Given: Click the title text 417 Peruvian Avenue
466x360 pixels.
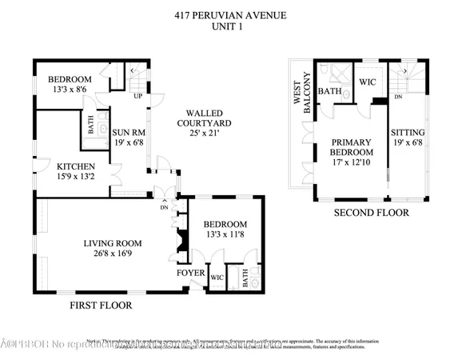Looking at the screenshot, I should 232,14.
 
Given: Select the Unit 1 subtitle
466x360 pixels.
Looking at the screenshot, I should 232,26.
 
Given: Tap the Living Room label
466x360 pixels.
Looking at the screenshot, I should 113,244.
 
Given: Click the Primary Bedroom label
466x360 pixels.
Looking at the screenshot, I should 352,147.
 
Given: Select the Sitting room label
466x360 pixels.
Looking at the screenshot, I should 408,133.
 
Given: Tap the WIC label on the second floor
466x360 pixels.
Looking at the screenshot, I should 368,82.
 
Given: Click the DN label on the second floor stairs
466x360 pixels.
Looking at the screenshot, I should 397,98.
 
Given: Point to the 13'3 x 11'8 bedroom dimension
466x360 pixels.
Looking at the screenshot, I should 225,235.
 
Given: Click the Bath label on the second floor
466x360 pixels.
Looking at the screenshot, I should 330,92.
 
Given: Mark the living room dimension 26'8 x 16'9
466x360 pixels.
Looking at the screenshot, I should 113,254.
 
